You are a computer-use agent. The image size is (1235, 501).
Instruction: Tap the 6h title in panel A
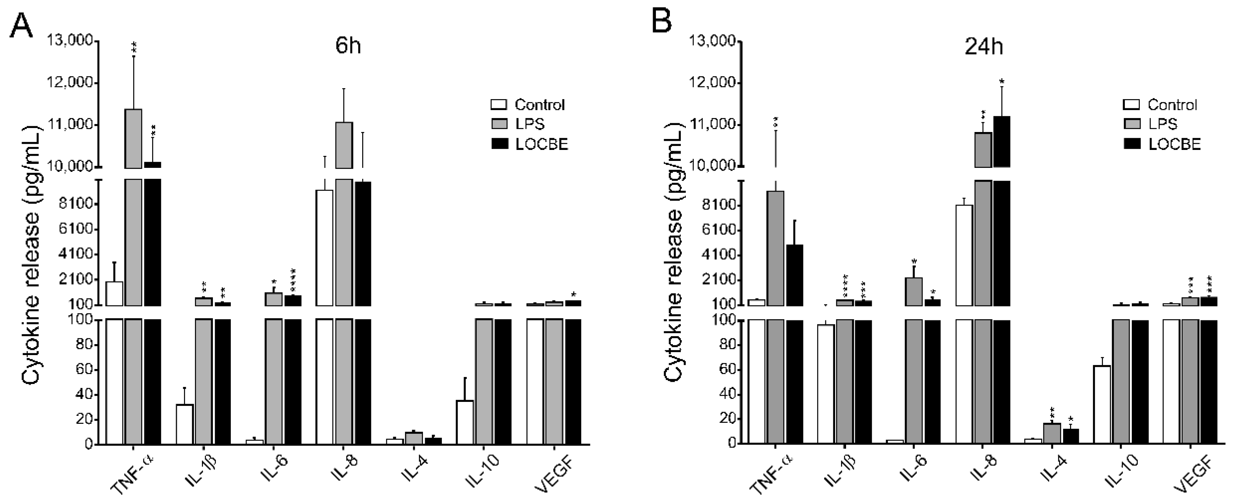tap(348, 46)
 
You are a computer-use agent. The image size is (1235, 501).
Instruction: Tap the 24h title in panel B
tap(983, 46)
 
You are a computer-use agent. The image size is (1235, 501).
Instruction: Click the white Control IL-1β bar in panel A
tap(185, 424)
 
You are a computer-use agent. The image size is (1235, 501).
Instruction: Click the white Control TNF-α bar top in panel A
tap(114, 282)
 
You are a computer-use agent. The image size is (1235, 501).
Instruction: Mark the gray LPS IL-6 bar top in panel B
tap(913, 279)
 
